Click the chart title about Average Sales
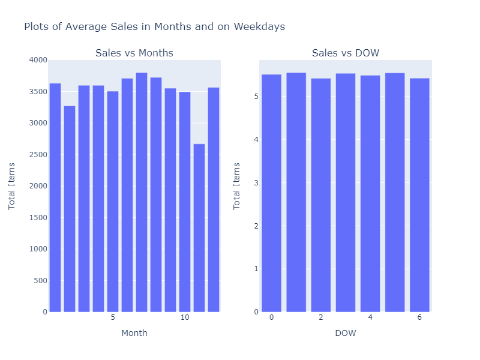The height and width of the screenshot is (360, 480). point(154,26)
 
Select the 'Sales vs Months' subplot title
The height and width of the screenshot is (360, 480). point(134,53)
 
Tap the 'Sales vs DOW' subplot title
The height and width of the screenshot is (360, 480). point(345,53)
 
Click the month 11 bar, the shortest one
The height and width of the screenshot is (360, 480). point(199,228)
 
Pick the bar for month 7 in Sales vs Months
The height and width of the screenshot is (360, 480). point(142,192)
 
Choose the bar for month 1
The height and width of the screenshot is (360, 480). point(55,198)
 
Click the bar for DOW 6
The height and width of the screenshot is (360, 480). point(419,195)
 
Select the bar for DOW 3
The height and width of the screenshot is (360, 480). point(346,193)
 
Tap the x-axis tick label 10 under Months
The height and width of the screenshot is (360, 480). point(185,317)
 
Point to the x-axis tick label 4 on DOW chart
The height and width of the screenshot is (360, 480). point(370,317)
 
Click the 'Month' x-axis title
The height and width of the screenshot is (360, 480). point(134,333)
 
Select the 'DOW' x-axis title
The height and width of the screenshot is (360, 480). point(345,333)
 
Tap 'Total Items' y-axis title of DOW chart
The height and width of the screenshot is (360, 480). point(237,186)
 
